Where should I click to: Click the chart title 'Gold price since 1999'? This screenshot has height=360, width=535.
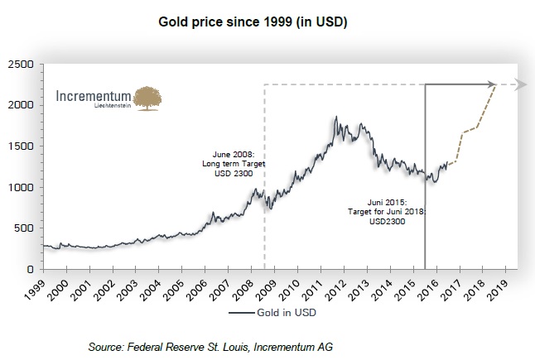tap(252, 21)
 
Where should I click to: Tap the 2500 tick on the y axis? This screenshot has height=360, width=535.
tap(20, 65)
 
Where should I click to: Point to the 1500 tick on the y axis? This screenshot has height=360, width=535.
tap(20, 146)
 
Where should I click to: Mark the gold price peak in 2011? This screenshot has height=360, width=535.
tap(335, 118)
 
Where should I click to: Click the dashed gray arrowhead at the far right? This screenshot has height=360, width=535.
tap(519, 84)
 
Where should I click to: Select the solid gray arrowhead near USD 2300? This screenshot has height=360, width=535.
tap(490, 84)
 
